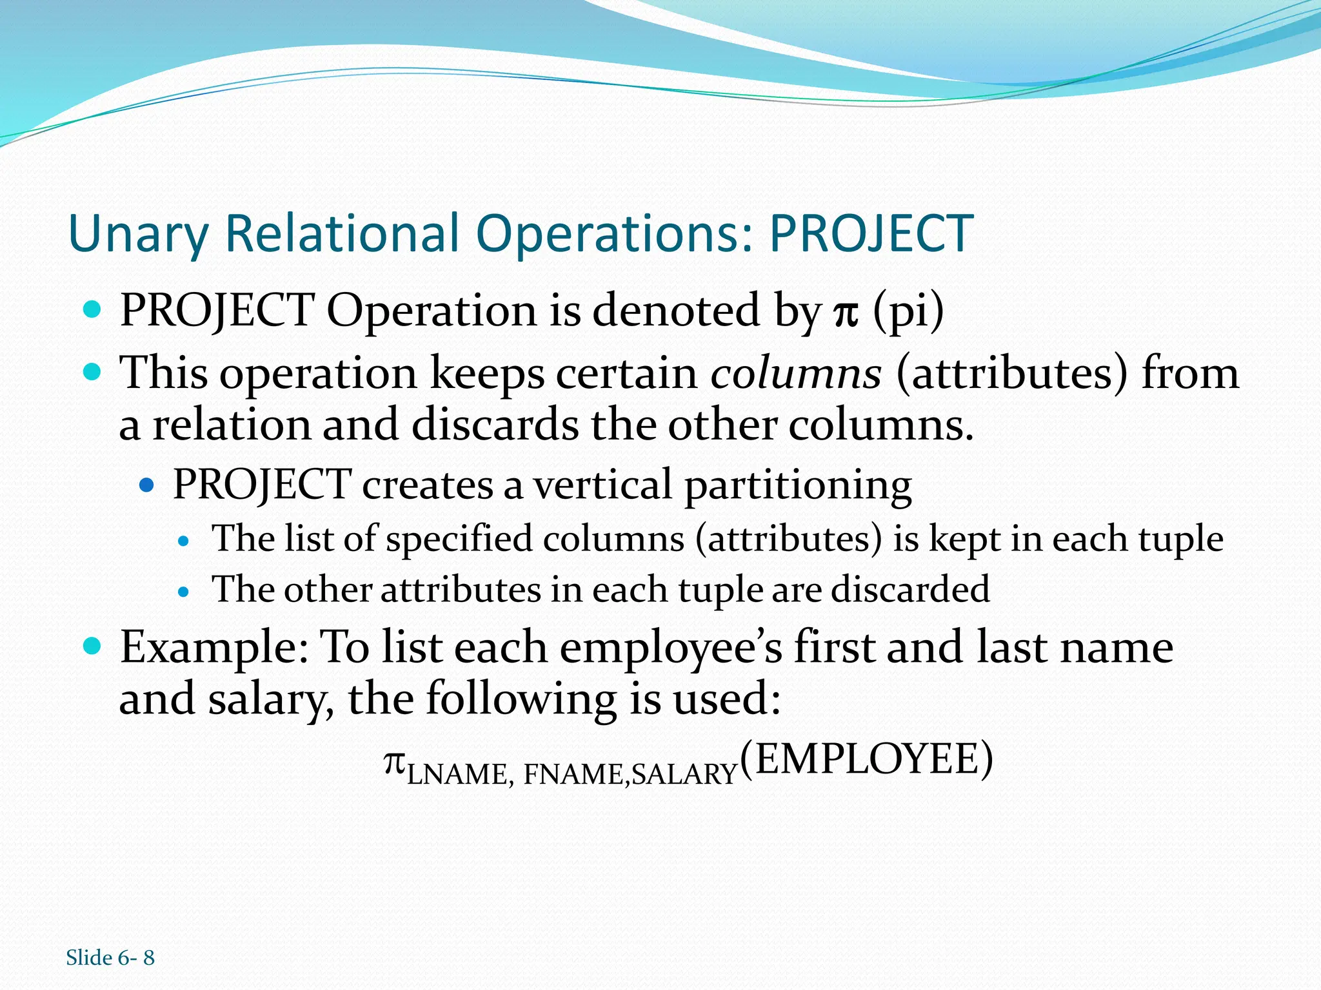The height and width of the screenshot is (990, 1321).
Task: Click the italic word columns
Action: point(795,374)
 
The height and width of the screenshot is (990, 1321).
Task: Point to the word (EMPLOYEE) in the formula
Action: point(866,759)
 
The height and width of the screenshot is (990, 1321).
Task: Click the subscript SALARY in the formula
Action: point(684,774)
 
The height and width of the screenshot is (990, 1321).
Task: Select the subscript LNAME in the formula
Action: point(456,774)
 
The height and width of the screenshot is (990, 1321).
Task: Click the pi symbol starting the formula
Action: point(394,763)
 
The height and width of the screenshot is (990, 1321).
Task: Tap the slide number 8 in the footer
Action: point(148,958)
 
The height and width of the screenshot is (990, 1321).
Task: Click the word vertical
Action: point(602,485)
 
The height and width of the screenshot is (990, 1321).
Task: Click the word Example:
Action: point(214,647)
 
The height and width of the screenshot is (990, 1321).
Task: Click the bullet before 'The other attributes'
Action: point(184,591)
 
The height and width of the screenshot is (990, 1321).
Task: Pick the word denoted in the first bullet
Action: point(676,311)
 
